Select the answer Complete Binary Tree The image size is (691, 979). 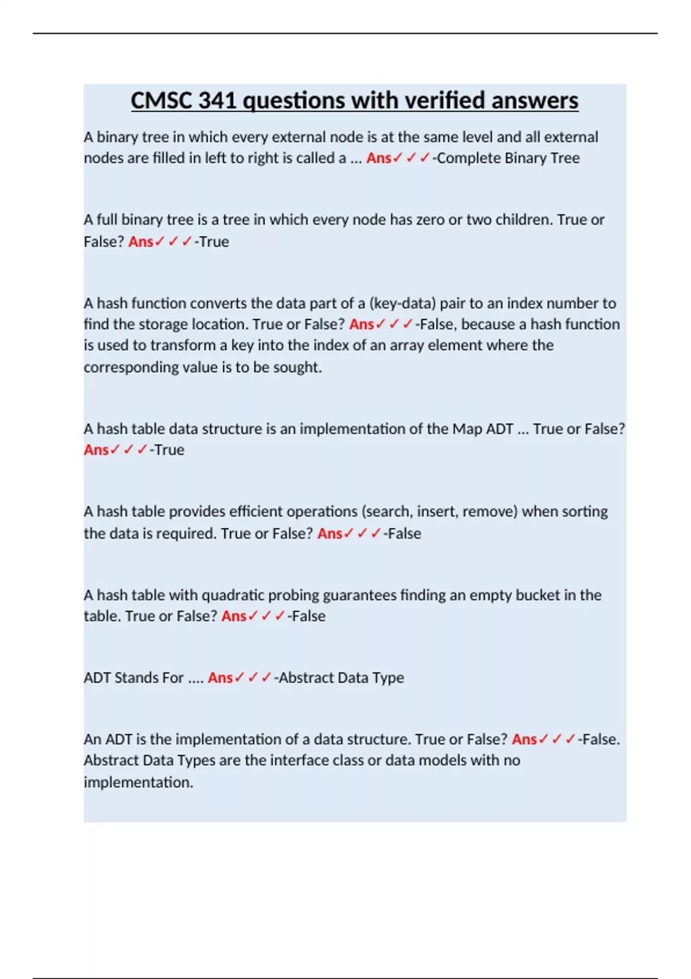pos(508,158)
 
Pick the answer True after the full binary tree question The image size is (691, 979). pos(214,241)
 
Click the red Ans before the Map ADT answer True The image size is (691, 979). pos(96,450)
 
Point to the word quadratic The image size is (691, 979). pos(233,595)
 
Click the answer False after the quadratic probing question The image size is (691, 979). pos(308,616)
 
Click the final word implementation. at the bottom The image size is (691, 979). pos(138,782)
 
